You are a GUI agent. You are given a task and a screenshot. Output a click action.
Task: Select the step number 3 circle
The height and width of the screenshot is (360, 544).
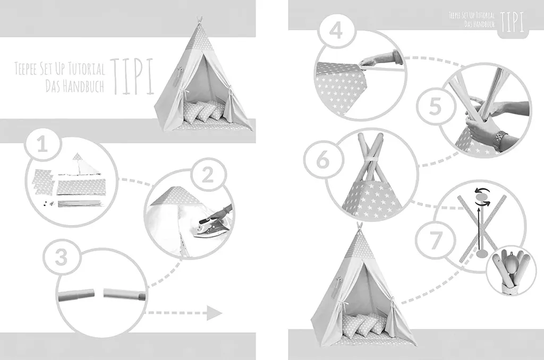(x=62, y=258)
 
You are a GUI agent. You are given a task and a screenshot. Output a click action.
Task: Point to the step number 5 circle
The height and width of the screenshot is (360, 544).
(x=435, y=106)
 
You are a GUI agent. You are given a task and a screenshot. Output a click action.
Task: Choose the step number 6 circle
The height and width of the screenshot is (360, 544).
(x=322, y=159)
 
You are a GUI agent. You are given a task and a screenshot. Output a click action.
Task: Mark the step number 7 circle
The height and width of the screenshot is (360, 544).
(x=435, y=239)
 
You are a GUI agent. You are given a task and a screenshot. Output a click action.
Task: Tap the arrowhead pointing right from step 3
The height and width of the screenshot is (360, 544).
(x=214, y=313)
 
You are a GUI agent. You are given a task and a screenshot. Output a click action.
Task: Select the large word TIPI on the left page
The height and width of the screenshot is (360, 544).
(x=132, y=76)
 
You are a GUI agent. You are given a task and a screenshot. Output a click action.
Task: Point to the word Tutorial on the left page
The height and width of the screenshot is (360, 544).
(x=87, y=68)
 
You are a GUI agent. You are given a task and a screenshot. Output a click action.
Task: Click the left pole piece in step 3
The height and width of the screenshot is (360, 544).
(x=76, y=295)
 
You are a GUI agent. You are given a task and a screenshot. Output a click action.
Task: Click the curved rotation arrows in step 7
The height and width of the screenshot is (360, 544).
(x=482, y=196)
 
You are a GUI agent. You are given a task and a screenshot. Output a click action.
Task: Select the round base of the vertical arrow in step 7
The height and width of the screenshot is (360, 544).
(x=481, y=254)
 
